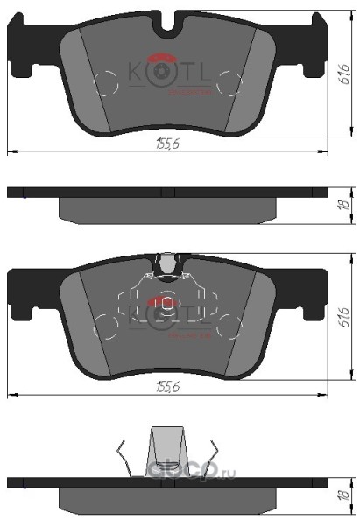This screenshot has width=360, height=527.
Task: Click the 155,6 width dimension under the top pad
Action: (167, 144)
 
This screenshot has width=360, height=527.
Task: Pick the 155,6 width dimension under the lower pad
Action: (167, 388)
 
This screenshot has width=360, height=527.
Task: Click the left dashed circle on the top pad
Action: (104, 84)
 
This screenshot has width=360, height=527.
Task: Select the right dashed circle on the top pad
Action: (229, 84)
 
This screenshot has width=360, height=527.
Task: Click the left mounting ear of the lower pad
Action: (25, 293)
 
